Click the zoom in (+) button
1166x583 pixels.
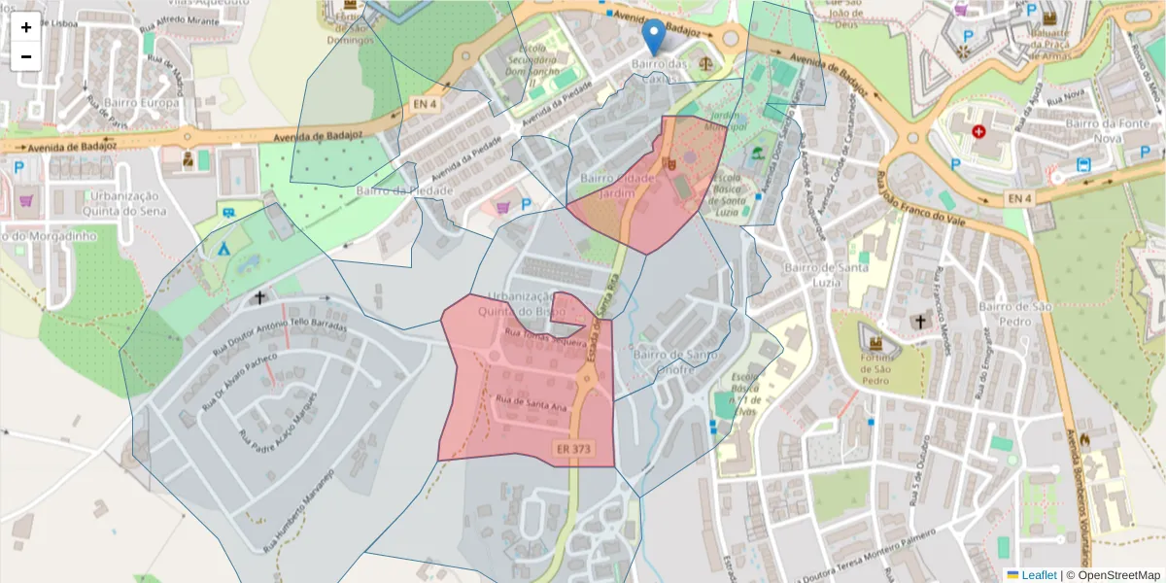[26, 27]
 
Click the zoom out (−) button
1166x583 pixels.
[26, 56]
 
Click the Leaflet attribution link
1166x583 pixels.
[1038, 575]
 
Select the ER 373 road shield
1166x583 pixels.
[574, 449]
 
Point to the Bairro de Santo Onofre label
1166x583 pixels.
[675, 362]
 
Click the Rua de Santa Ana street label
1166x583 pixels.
[532, 403]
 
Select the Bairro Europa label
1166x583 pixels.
[146, 103]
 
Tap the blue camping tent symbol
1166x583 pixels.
[223, 248]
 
